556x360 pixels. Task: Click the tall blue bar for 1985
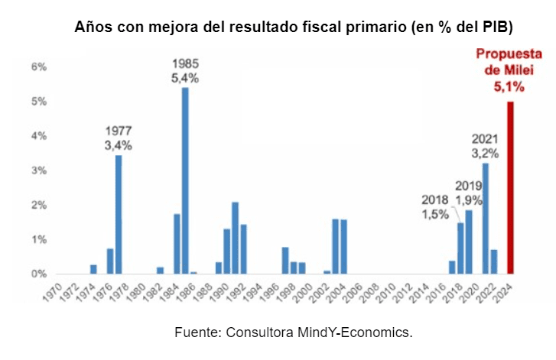pos(185,180)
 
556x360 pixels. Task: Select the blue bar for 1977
pos(119,214)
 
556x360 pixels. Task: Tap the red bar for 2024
pos(510,187)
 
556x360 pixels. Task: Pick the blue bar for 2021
pos(485,218)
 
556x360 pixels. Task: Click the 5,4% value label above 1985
pos(185,77)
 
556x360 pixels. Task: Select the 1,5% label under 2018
pos(435,215)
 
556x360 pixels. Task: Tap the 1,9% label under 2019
pos(468,199)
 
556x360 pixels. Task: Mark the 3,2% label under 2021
pos(485,153)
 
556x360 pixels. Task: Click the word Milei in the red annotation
pos(519,70)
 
